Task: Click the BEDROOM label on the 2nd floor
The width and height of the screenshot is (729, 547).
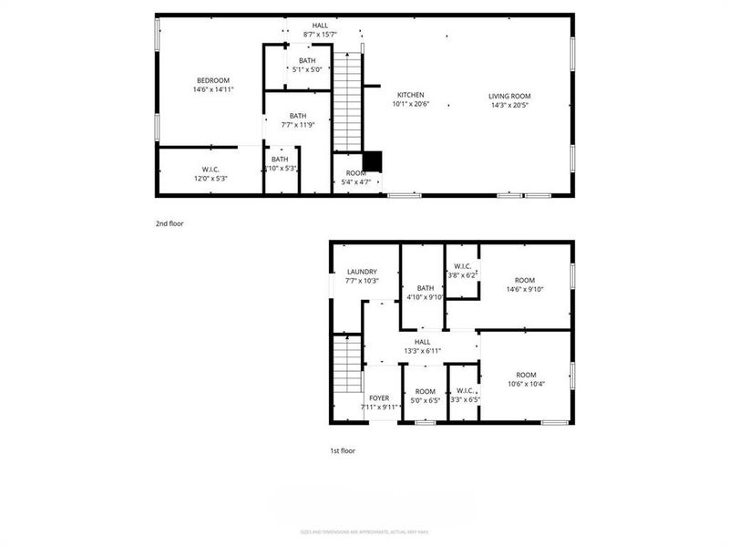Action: pos(212,80)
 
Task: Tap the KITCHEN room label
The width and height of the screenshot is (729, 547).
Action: pos(409,96)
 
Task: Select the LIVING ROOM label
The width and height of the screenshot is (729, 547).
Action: pos(509,96)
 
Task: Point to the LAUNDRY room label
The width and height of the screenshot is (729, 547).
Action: pos(362,272)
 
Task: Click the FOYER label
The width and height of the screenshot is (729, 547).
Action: pos(379,398)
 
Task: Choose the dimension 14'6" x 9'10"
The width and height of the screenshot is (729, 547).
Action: pos(525,290)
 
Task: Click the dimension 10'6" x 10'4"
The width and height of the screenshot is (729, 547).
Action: pos(525,385)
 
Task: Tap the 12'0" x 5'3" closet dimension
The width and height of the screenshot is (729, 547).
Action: pos(210,179)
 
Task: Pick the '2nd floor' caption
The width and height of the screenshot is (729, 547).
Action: pos(169,222)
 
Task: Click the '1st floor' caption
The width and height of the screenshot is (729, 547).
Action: pos(343,450)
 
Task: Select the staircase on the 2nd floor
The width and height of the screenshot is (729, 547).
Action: pos(347,100)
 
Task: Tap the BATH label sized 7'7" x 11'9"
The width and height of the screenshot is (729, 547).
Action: pos(298,116)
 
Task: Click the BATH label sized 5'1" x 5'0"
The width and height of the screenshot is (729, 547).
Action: pos(307,60)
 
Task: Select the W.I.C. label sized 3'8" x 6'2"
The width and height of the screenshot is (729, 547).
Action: pos(461,266)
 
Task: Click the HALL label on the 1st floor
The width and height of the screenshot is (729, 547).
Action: pos(422,342)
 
